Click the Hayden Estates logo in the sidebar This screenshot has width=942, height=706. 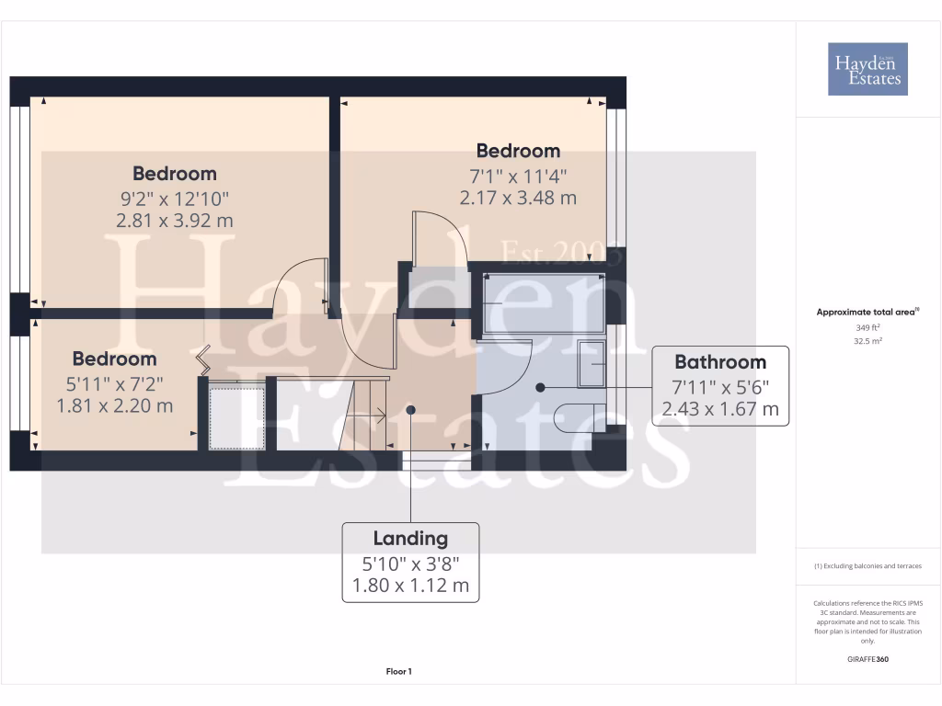pos(867,69)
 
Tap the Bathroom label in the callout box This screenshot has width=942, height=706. pos(720,361)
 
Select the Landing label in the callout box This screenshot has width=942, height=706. pos(410,539)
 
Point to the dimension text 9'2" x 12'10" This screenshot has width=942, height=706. pos(175,198)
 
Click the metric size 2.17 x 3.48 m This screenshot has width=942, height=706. pos(518,197)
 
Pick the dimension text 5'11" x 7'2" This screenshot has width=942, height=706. pos(115,382)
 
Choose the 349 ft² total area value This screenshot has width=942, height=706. pos(867,327)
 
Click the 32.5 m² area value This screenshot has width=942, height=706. pos(867,341)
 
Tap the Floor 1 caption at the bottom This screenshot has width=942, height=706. pos(397,672)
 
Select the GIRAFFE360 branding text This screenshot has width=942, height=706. pos(867,659)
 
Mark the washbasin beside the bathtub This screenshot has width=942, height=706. pos(592,365)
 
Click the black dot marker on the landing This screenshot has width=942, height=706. pos(410,410)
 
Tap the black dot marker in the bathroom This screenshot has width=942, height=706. pos(540,387)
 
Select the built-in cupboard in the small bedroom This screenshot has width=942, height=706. pos(236,416)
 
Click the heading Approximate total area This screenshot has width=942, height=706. pos(867,313)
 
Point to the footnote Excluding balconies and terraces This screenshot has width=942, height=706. pos(867,566)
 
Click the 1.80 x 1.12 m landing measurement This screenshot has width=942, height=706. pos(410,585)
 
